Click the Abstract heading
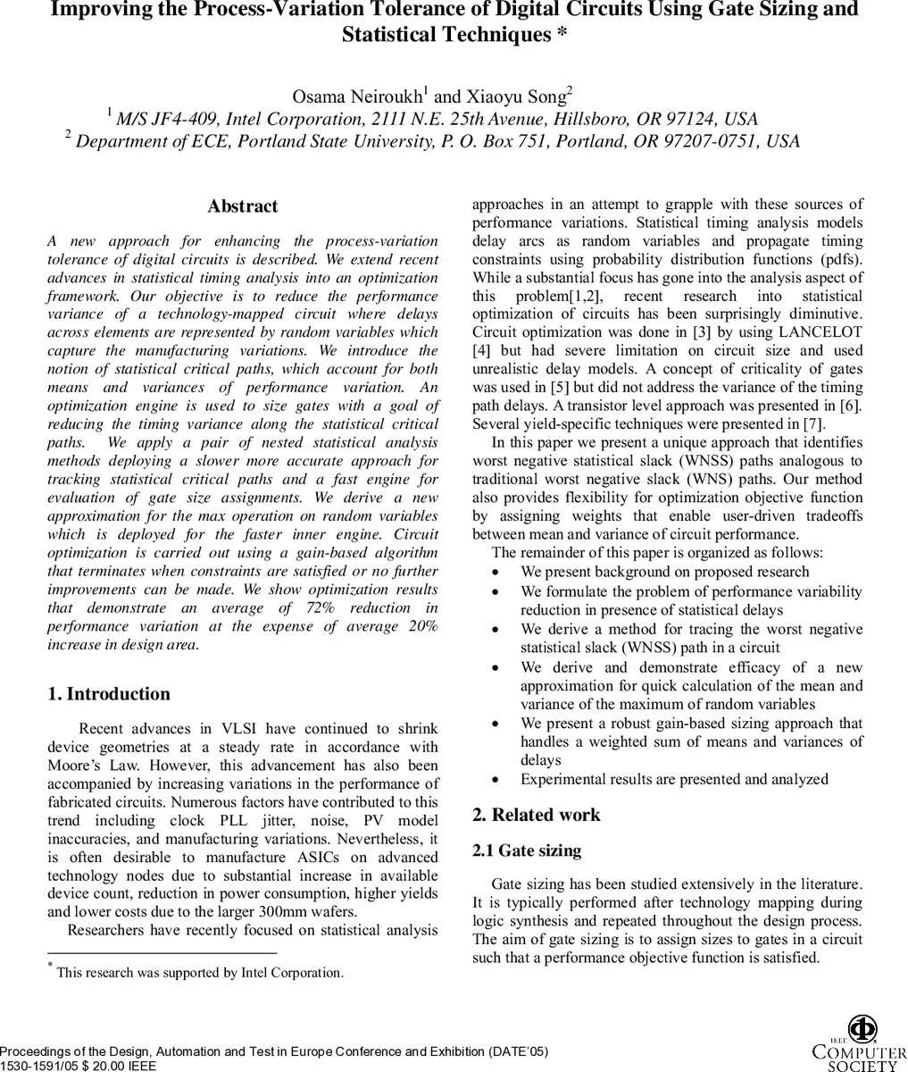pyautogui.click(x=243, y=206)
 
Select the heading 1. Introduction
pyautogui.click(x=108, y=694)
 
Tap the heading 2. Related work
pyautogui.click(x=536, y=815)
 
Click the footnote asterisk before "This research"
pyautogui.click(x=51, y=967)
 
